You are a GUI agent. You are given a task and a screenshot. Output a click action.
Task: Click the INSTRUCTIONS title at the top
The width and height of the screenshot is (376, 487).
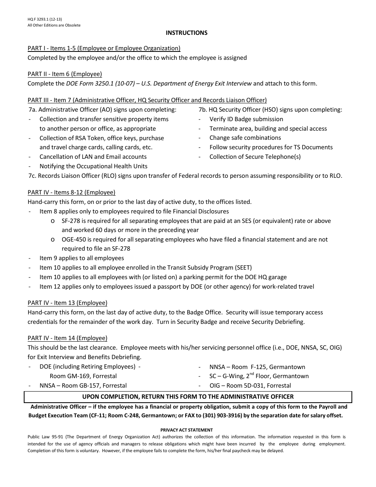[x=186, y=33]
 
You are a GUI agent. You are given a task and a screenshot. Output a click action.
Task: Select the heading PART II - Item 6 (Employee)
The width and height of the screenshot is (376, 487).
[x=65, y=74]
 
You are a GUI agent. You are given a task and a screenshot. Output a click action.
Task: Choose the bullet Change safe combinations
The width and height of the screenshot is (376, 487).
[x=245, y=138]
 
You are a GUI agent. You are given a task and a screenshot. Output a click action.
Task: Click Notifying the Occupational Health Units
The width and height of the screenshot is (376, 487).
[x=93, y=166]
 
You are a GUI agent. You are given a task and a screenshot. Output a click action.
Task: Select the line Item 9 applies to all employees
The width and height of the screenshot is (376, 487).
[x=82, y=258]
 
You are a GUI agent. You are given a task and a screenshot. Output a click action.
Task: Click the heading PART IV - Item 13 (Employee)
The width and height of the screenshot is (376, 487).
[x=67, y=303]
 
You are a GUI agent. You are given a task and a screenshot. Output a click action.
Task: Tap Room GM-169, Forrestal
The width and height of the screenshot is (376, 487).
[x=83, y=376]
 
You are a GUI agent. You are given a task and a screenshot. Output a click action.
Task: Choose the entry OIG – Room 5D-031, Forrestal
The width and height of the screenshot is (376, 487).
[x=250, y=386]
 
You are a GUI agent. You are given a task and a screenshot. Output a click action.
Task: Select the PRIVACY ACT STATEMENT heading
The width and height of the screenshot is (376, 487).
[x=186, y=430]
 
